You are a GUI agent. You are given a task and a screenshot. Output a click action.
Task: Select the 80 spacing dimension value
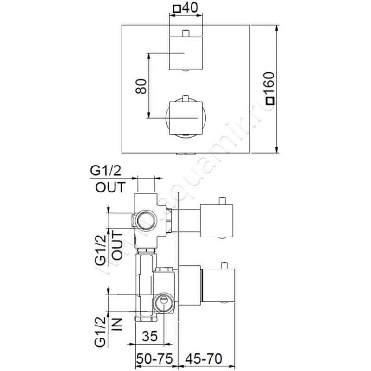coord(142,86)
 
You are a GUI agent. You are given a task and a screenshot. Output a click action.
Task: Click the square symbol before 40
coord(177,9)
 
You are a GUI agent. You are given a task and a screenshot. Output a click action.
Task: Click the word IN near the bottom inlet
coord(118,322)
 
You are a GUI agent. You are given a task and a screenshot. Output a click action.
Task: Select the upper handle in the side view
coord(217,220)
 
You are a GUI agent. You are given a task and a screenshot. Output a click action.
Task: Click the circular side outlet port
coord(145,220)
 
